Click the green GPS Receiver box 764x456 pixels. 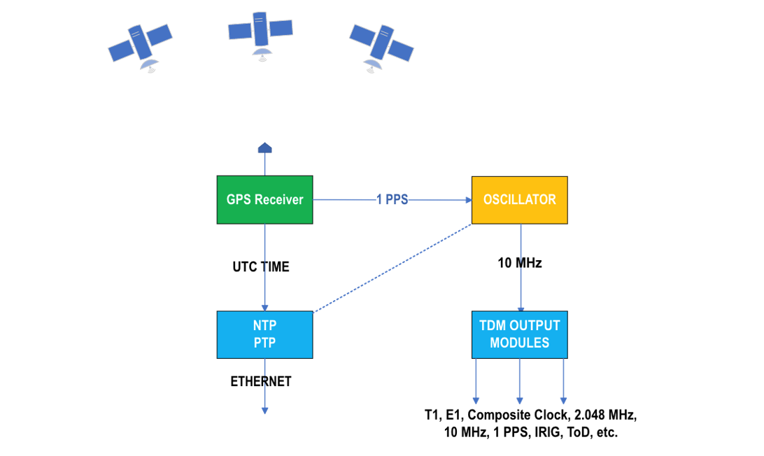[264, 200]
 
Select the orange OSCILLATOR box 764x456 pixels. [519, 200]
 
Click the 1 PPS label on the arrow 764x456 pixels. [392, 200]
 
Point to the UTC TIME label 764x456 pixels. [260, 267]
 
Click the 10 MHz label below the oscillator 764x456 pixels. [519, 264]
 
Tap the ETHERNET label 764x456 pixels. [260, 382]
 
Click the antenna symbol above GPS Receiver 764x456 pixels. [264, 148]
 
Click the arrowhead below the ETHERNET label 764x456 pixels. [264, 411]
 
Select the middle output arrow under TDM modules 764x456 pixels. [519, 381]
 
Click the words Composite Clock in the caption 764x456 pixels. [510, 415]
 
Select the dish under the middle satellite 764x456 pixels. [261, 55]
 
